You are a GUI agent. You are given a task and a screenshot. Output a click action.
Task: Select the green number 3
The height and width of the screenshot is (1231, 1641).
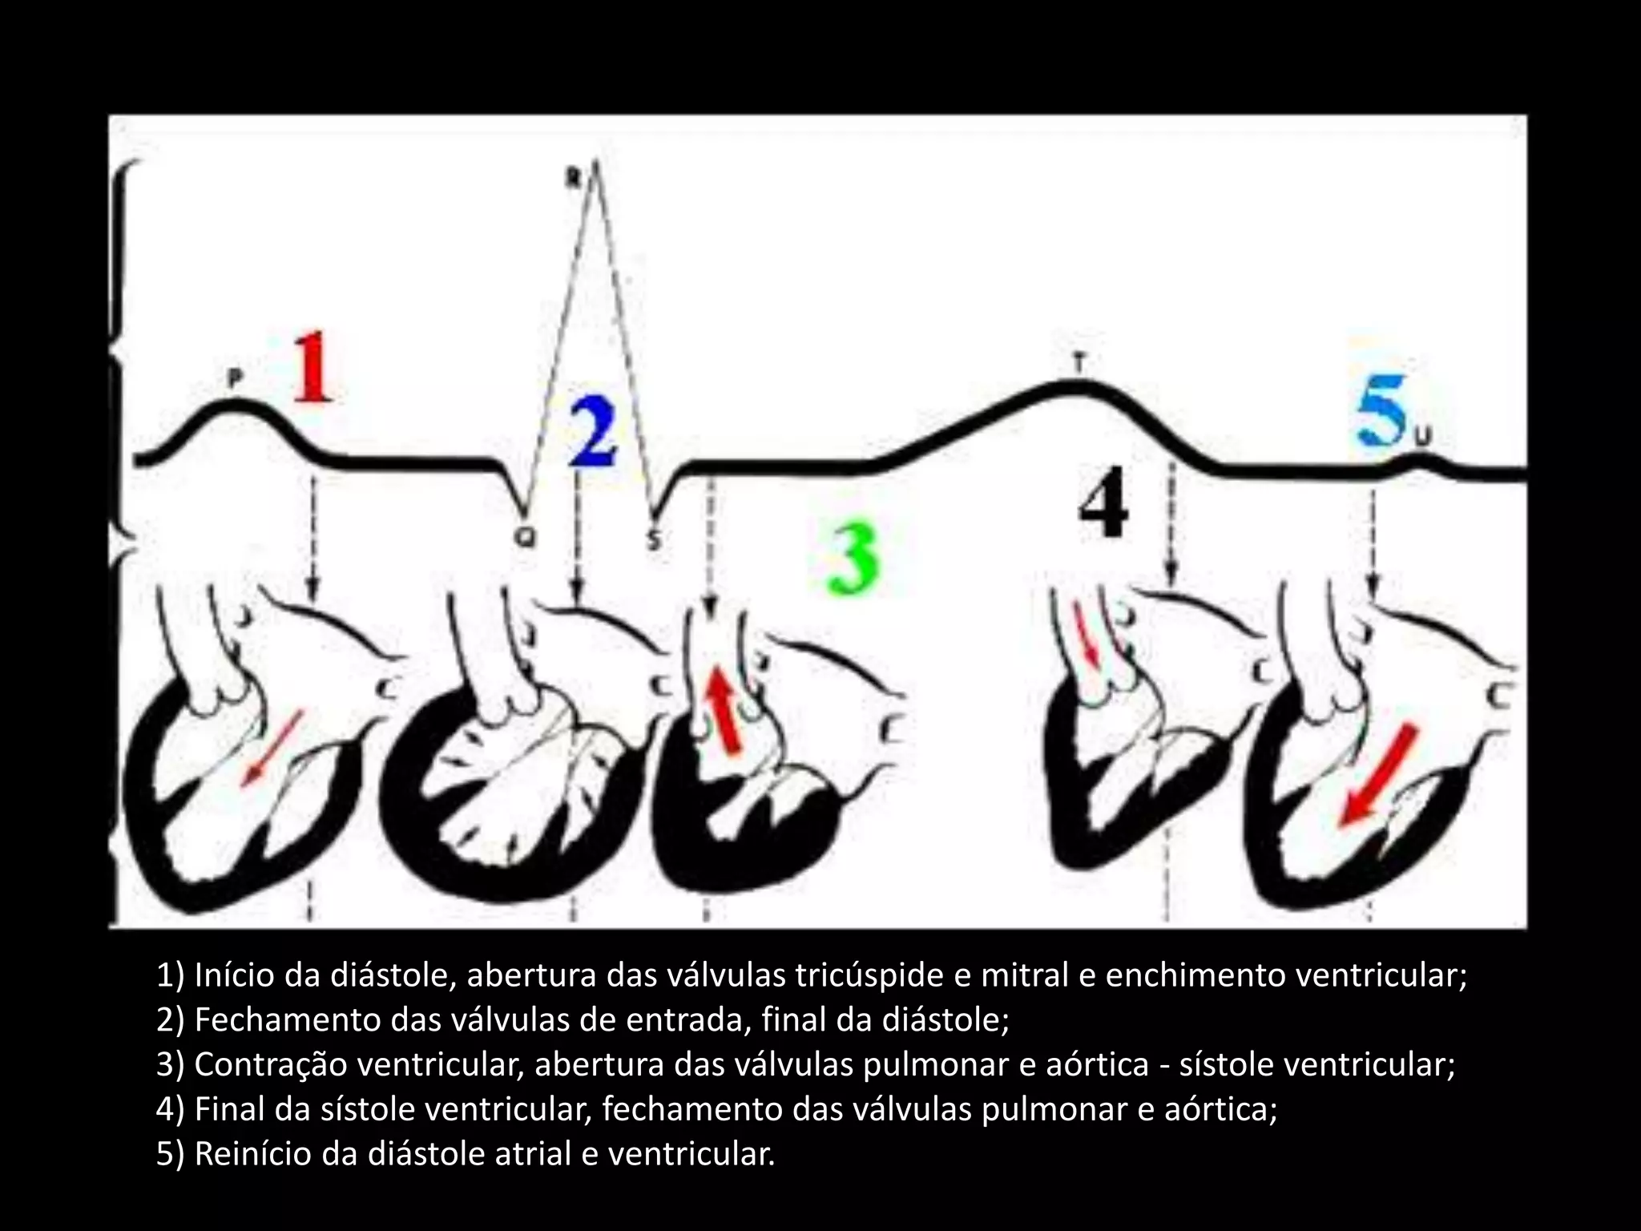[854, 560]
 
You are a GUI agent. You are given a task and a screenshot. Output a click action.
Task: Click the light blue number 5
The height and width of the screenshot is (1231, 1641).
[1382, 415]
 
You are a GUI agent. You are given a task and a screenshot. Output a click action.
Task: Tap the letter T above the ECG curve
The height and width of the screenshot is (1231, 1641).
[1078, 365]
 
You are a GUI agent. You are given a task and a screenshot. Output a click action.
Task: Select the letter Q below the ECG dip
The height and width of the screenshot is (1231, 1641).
[526, 540]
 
